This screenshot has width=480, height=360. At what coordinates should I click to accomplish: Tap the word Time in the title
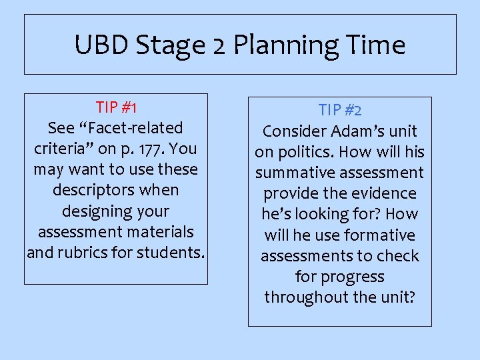pyautogui.click(x=376, y=45)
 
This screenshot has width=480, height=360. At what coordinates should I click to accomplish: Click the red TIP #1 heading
pyautogui.click(x=116, y=107)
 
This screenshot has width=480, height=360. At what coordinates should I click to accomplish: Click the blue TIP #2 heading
pyautogui.click(x=339, y=110)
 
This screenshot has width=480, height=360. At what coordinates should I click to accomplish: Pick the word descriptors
pyautogui.click(x=116, y=190)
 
